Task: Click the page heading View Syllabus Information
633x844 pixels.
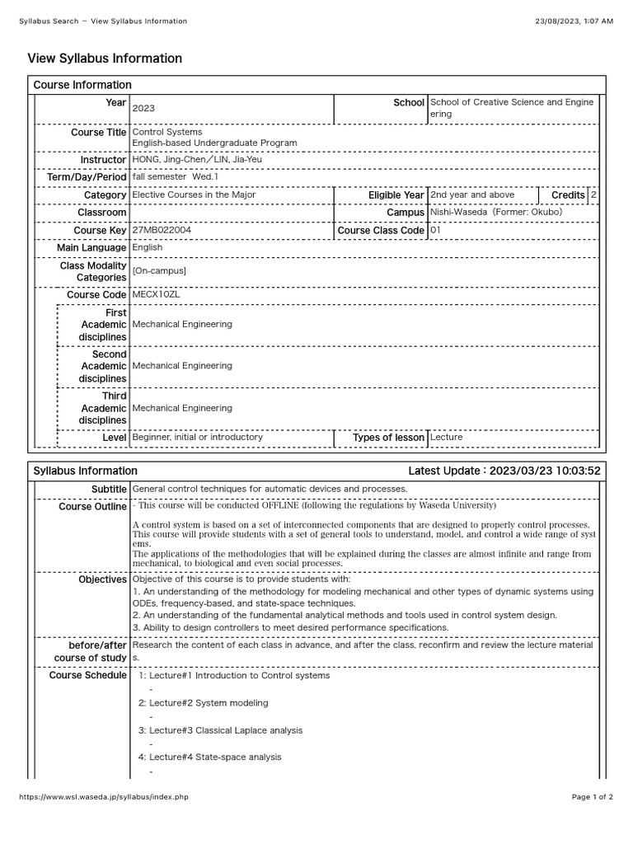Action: pos(105,59)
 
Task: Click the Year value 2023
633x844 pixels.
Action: pos(143,108)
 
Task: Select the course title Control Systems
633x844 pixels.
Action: pos(167,132)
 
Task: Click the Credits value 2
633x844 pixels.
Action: pos(593,195)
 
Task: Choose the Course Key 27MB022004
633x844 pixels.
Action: pos(162,231)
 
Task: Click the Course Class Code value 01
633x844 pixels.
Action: pos(435,231)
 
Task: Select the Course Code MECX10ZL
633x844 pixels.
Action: pos(156,294)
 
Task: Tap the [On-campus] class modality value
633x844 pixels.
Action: pos(159,271)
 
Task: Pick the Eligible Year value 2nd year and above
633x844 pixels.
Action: pos(472,195)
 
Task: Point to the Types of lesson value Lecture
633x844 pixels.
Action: pos(446,438)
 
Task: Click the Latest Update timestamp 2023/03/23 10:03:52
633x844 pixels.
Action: pos(545,471)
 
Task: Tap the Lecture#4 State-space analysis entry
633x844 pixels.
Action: pos(209,757)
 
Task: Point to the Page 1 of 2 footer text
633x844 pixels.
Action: pos(593,797)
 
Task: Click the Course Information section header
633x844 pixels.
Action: pos(82,85)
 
